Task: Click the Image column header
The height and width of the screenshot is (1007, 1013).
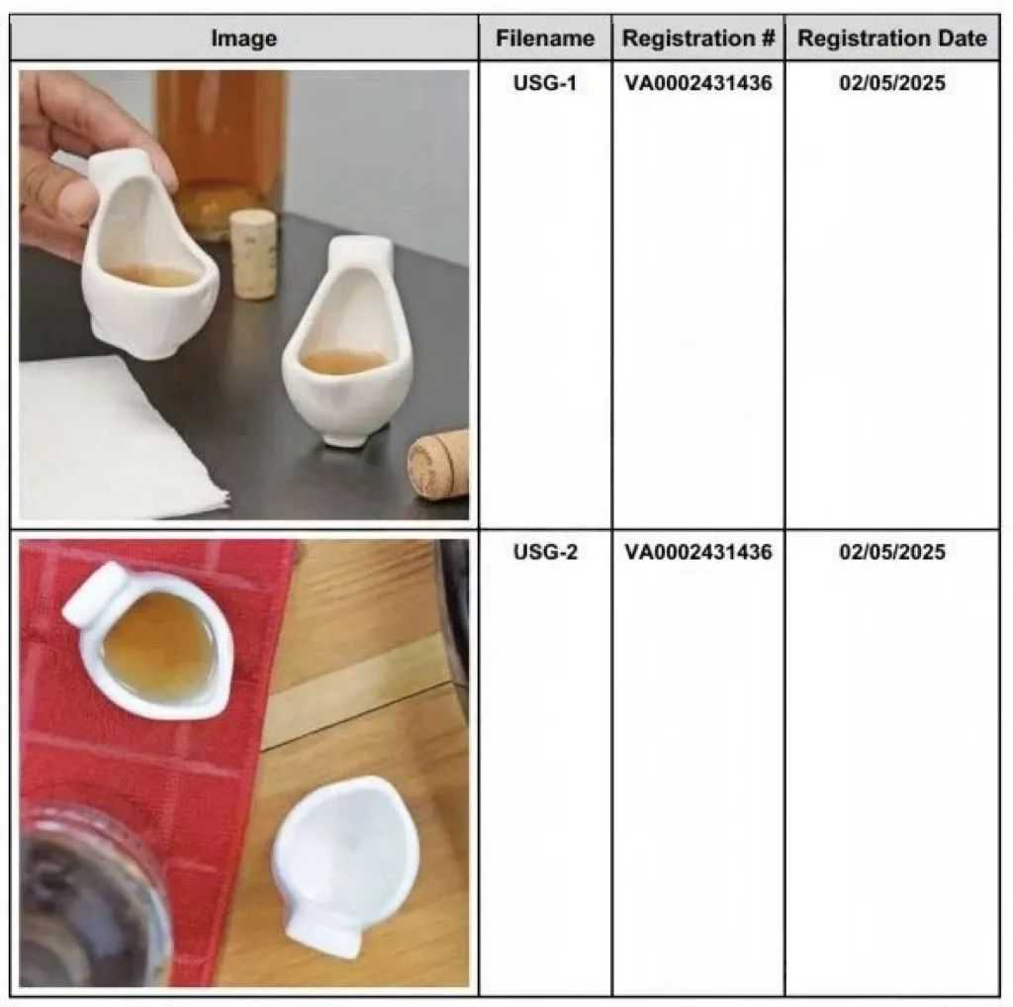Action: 243,39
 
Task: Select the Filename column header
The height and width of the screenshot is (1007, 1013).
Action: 545,39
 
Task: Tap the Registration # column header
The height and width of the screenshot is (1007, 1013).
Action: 697,39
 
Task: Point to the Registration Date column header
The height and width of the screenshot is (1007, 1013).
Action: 892,39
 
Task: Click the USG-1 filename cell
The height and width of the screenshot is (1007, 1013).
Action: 545,83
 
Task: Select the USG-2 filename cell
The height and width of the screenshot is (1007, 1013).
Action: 545,552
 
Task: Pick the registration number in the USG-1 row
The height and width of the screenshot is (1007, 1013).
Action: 697,83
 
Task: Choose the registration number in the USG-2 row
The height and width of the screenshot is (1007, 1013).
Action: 697,552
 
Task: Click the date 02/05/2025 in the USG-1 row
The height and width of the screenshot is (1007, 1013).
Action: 892,83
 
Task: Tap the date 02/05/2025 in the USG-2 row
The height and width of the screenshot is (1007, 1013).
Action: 892,552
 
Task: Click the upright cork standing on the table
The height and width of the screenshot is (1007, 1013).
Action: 253,254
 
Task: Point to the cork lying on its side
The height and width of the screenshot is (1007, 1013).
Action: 439,463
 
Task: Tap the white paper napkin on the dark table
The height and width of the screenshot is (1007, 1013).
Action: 117,439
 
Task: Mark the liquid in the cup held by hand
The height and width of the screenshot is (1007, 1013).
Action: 150,275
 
